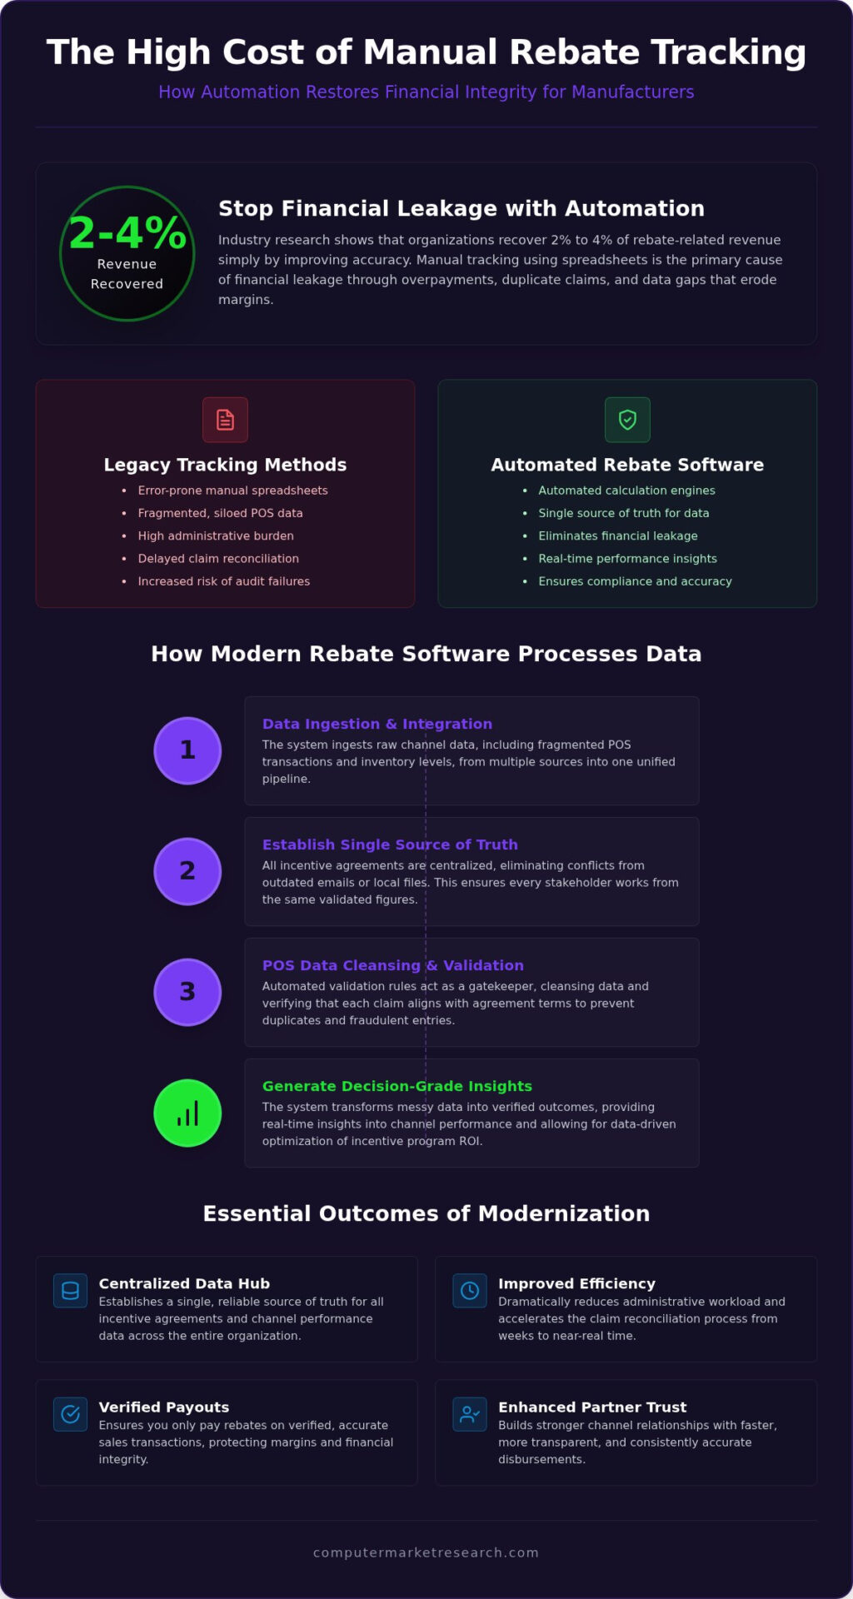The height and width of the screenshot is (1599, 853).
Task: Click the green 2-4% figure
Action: (127, 232)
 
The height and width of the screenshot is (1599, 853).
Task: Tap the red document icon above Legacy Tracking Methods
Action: (225, 420)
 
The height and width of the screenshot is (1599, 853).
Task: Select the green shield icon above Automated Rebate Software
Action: (627, 420)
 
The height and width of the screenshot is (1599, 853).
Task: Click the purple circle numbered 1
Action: (187, 750)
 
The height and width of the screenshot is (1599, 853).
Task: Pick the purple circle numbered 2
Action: (187, 871)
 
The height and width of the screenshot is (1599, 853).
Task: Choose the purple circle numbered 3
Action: (187, 992)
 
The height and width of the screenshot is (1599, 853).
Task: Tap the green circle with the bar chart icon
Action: (187, 1113)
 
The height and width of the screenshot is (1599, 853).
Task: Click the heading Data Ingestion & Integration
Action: (377, 724)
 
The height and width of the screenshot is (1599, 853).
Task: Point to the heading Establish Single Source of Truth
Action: (390, 844)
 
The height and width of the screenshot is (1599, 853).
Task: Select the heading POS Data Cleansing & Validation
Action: (393, 965)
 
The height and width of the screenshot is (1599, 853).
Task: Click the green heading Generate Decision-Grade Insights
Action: (397, 1086)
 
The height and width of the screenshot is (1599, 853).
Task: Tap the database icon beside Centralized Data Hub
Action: (71, 1291)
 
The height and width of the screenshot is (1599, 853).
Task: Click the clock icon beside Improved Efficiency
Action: (470, 1291)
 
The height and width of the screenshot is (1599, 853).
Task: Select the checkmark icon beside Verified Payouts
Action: (71, 1414)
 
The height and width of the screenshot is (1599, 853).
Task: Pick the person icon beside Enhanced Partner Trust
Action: (470, 1414)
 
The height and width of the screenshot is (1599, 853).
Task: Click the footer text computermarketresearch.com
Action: (426, 1552)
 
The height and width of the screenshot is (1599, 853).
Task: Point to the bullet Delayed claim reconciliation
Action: (218, 559)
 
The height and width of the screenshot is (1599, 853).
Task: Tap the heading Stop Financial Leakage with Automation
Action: (461, 208)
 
